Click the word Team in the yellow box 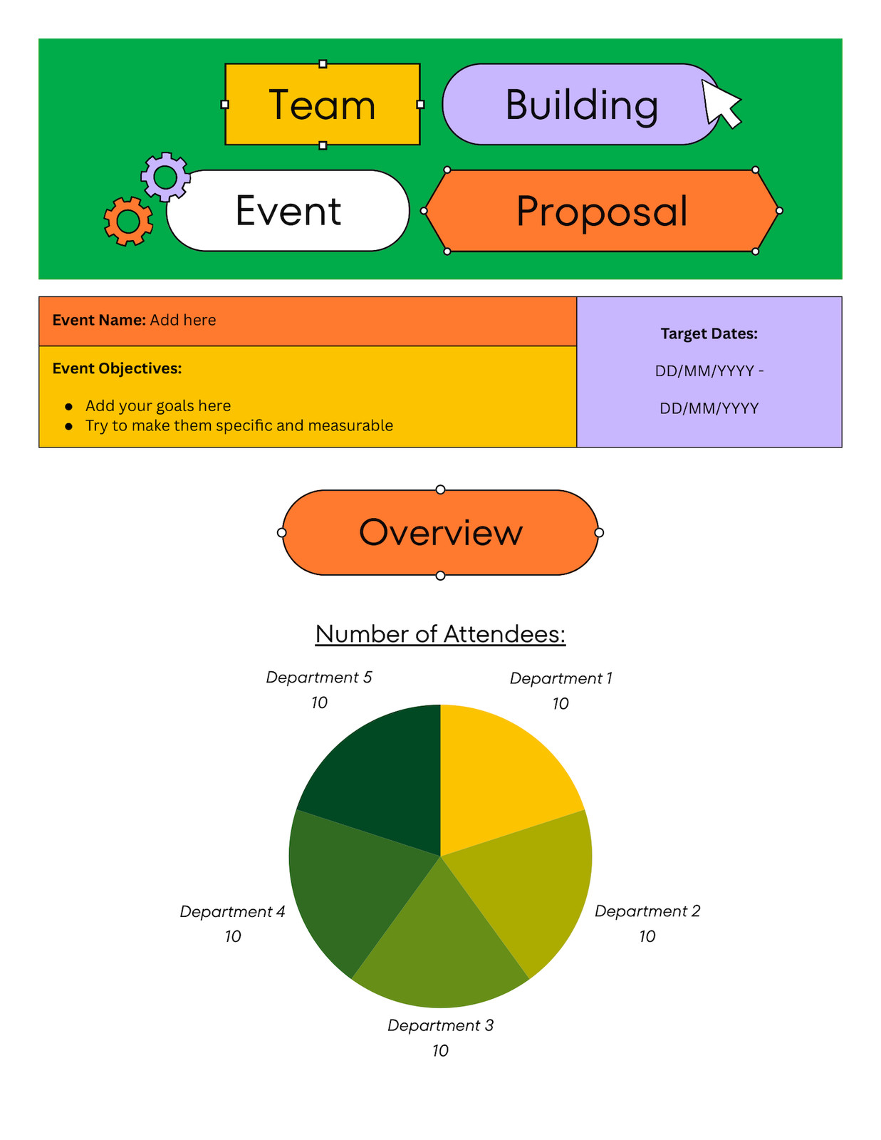point(322,105)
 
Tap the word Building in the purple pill point(581,106)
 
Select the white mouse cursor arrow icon point(721,104)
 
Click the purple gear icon point(166,177)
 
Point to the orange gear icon point(128,222)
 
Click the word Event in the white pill point(288,210)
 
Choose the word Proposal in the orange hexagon point(602,212)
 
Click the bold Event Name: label point(99,320)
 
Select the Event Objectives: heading point(117,369)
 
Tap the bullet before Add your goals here point(68,407)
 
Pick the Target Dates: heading point(709,333)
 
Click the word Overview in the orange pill point(440,532)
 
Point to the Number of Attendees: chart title point(440,633)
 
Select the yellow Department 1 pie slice point(504,771)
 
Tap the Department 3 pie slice point(440,950)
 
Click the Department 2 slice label point(647,911)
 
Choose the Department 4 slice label point(232,912)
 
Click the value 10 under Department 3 point(440,1051)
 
